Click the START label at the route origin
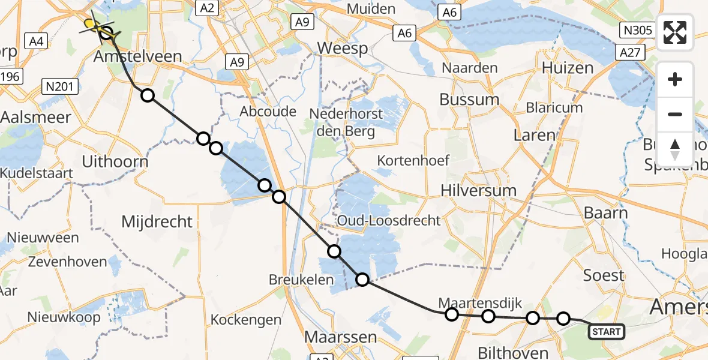click(x=607, y=331)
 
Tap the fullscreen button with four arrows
click(x=675, y=32)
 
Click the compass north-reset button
click(x=675, y=149)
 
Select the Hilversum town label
click(x=478, y=190)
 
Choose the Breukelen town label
click(x=301, y=280)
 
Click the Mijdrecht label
click(x=157, y=221)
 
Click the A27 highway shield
click(x=629, y=53)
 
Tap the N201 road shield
click(x=60, y=87)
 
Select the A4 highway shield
click(x=37, y=41)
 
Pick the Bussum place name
click(x=469, y=99)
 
